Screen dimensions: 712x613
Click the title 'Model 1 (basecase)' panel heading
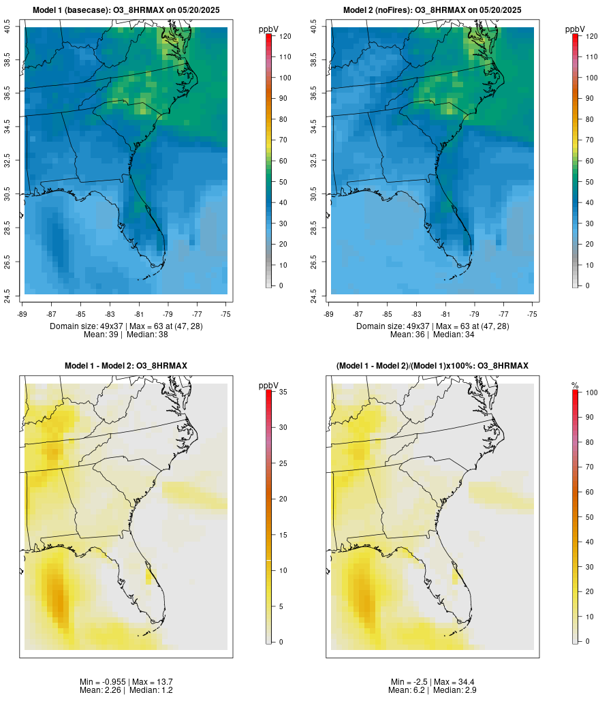click(126, 10)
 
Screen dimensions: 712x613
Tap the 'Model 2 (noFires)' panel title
click(433, 10)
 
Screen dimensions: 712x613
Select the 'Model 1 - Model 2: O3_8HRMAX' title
click(126, 366)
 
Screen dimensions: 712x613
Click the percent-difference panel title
click(433, 366)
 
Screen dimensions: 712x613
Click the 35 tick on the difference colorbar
click(282, 392)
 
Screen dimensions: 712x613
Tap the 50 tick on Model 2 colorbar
click(588, 182)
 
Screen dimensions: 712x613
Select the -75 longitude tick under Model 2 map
click(532, 314)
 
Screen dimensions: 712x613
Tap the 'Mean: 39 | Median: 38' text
click(126, 335)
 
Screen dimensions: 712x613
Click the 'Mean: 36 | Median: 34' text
click(433, 335)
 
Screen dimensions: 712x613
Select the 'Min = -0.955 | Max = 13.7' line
click(126, 682)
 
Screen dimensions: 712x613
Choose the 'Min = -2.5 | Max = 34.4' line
click(433, 682)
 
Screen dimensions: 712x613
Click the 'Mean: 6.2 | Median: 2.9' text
click(433, 690)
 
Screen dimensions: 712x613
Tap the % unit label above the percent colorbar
click(575, 386)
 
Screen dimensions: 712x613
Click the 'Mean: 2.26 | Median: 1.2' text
click(126, 690)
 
